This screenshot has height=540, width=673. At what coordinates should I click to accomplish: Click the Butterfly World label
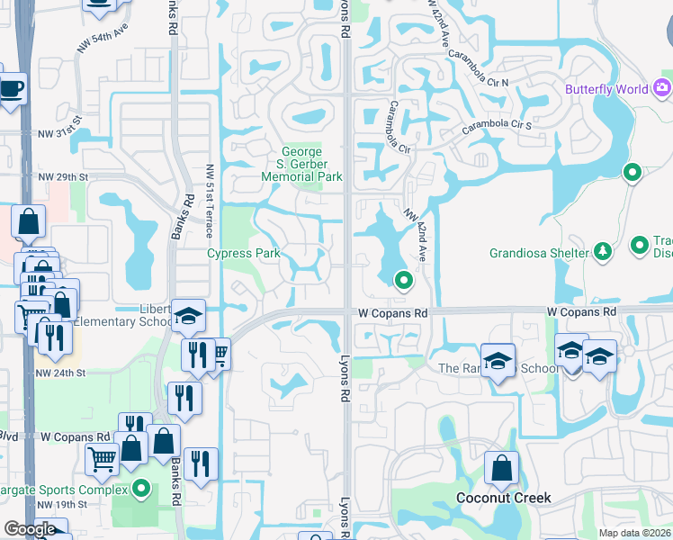tap(607, 89)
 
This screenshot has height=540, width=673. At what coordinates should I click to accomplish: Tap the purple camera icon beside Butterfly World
tap(663, 87)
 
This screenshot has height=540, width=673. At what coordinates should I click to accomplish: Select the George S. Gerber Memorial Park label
tap(301, 165)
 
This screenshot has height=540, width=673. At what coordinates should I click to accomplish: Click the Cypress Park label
tap(244, 253)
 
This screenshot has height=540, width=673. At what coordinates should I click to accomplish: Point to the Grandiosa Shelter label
tap(539, 253)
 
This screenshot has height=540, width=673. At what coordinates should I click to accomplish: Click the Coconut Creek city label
tap(503, 498)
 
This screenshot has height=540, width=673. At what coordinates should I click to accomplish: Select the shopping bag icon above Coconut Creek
tap(501, 467)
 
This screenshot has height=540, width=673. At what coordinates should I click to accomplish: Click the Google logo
tap(30, 529)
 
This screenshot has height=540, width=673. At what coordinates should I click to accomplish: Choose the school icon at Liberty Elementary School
tap(189, 315)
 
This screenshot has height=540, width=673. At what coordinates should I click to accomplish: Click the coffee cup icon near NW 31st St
tap(11, 88)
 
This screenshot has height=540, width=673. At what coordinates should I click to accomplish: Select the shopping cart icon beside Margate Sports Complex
tap(102, 458)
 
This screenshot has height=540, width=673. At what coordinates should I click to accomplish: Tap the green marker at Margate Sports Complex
tap(141, 490)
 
